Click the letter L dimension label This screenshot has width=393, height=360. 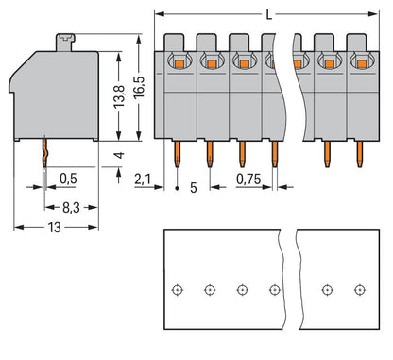[x=268, y=14]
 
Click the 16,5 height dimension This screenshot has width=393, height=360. [x=139, y=86]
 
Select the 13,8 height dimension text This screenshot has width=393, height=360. [x=119, y=95]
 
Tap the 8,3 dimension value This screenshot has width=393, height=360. [x=71, y=208]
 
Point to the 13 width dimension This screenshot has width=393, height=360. [x=55, y=228]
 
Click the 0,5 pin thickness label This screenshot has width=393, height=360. [x=68, y=179]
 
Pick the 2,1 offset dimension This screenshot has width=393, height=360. [x=143, y=180]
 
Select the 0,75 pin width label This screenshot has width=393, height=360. [x=248, y=180]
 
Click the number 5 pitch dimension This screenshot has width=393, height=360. [x=194, y=188]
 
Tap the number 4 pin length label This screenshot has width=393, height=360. [x=119, y=155]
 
